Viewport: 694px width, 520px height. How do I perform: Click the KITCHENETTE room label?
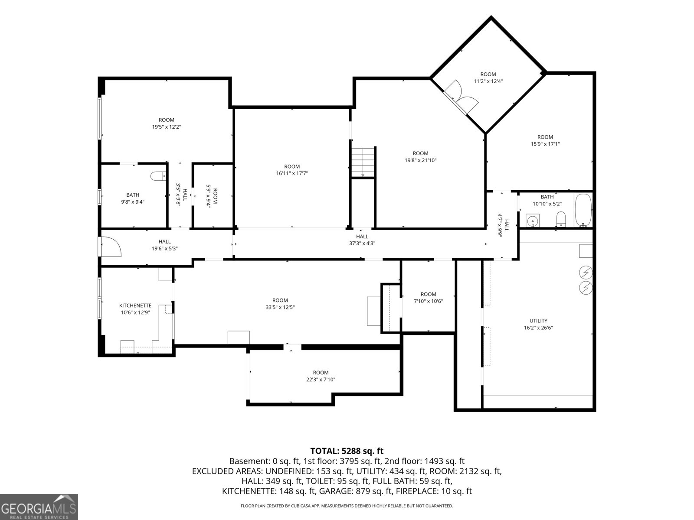135,305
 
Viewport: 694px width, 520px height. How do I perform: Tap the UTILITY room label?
538,321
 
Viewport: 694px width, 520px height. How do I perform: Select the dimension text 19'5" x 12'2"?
166,127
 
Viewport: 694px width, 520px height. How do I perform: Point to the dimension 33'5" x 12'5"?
280,307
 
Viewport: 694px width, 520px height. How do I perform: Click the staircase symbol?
363,162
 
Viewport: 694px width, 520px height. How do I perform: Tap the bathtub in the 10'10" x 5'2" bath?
583,210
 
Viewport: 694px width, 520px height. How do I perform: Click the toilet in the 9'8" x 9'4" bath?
158,176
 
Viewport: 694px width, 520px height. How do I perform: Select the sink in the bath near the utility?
533,220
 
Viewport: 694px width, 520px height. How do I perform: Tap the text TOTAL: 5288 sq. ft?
347,451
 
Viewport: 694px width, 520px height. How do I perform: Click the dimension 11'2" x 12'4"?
488,81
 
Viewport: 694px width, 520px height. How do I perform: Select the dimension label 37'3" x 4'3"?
362,244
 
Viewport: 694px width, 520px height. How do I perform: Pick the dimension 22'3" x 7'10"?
321,380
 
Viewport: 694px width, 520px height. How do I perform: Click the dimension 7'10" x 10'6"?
428,301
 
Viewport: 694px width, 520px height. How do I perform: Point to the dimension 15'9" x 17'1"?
545,144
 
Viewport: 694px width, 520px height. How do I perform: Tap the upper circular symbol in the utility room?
585,272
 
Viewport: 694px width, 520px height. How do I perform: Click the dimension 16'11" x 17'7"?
292,173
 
